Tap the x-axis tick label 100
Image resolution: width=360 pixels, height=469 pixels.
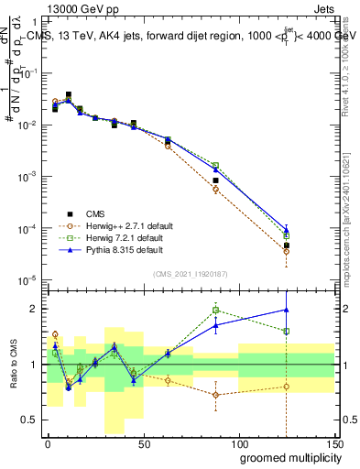point(238,444)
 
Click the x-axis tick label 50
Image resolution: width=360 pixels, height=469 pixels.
point(143,444)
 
